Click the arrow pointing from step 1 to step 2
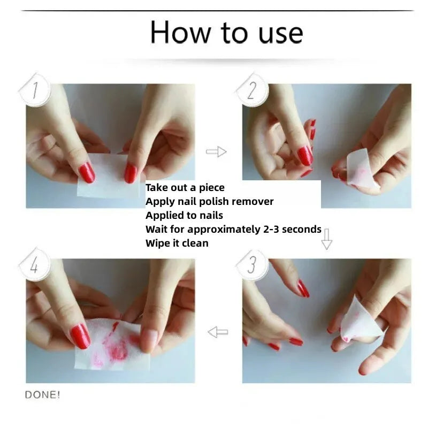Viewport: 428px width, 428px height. click(216, 152)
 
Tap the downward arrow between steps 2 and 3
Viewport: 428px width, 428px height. click(326, 239)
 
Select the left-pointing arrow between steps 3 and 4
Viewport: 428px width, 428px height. click(218, 332)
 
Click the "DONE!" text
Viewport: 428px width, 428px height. click(43, 395)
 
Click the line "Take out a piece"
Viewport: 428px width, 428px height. click(185, 188)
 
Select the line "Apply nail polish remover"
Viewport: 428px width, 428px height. click(209, 202)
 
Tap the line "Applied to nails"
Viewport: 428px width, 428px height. click(184, 216)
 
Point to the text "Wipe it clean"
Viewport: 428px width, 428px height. click(177, 243)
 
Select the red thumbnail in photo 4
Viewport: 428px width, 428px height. click(80, 336)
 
